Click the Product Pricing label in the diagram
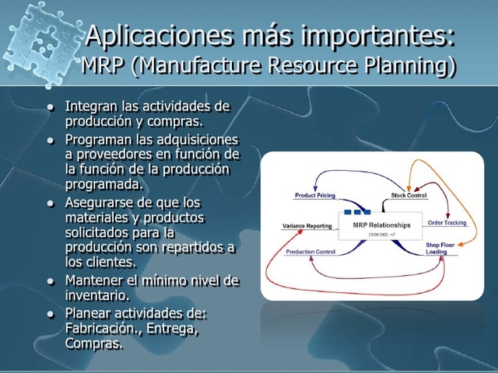tap(314, 196)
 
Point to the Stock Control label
tap(409, 195)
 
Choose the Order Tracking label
tap(447, 223)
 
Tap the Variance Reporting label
tap(307, 226)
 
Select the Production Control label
tap(310, 252)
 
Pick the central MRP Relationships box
tap(375, 226)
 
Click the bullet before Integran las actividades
tap(51, 106)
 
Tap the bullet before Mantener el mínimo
tap(51, 281)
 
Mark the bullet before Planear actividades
tap(51, 315)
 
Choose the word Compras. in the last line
tap(94, 343)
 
